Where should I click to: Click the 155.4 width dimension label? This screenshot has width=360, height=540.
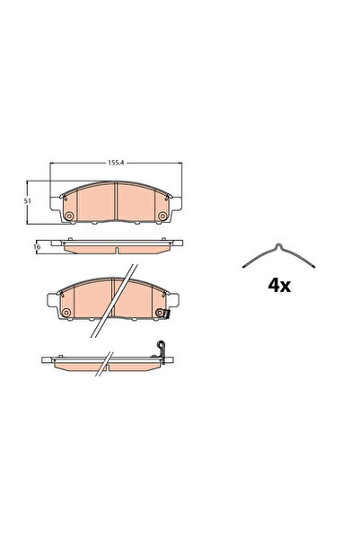pyautogui.click(x=115, y=164)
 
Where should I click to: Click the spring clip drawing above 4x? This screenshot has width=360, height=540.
pyautogui.click(x=279, y=256)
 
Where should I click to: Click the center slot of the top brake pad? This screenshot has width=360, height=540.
pyautogui.click(x=118, y=203)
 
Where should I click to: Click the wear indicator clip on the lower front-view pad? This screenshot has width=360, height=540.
pyautogui.click(x=162, y=314)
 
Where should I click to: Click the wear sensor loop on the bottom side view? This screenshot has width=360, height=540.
pyautogui.click(x=162, y=346)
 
